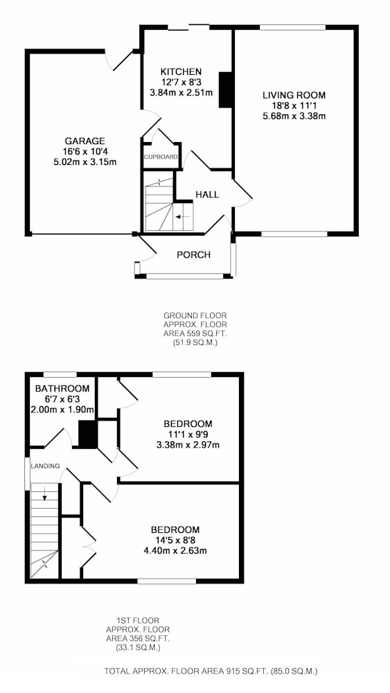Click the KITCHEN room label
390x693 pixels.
point(181,71)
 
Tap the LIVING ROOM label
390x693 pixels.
point(294,95)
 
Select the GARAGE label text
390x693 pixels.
point(85,141)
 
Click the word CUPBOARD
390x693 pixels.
point(161,157)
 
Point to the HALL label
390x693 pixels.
point(207,195)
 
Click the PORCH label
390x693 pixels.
point(193,255)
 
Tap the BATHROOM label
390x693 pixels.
point(62,389)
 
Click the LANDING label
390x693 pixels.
point(45,466)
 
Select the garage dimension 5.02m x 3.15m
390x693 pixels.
point(85,162)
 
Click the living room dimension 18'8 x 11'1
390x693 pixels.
point(294,106)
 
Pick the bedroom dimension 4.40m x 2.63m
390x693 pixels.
point(175,551)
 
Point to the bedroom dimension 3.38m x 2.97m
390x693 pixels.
point(188,445)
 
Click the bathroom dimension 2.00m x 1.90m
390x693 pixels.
point(62,410)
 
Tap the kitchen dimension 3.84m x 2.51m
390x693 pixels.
point(181,93)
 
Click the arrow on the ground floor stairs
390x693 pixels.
point(182,216)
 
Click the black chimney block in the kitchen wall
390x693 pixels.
point(226,89)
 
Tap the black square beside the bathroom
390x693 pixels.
point(87,434)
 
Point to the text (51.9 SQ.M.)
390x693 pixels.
point(195,342)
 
